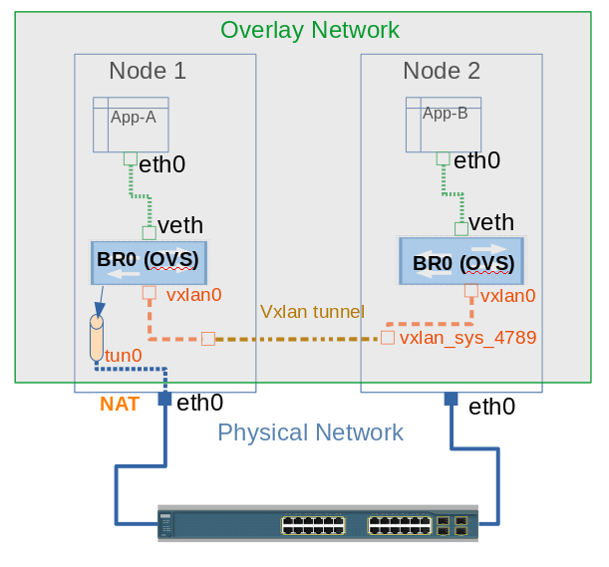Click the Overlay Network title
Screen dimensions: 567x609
click(310, 30)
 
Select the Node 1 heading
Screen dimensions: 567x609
click(148, 71)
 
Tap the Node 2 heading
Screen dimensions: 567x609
click(442, 71)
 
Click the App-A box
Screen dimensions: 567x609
click(132, 124)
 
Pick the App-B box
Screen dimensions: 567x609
click(444, 124)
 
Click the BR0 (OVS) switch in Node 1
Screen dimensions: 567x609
click(148, 261)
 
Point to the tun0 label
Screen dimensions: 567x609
click(124, 355)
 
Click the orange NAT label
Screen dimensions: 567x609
click(120, 405)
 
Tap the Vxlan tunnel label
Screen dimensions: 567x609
click(312, 311)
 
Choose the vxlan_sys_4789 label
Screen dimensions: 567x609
click(468, 338)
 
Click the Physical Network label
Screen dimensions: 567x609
click(310, 432)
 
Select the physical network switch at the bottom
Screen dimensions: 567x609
click(317, 522)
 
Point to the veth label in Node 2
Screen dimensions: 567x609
click(491, 223)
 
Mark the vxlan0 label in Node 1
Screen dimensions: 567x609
click(193, 295)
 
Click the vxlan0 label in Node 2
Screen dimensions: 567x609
click(508, 295)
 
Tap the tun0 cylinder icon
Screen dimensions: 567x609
click(97, 338)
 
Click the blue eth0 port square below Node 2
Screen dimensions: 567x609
click(451, 399)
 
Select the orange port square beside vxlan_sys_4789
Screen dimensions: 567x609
click(388, 338)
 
